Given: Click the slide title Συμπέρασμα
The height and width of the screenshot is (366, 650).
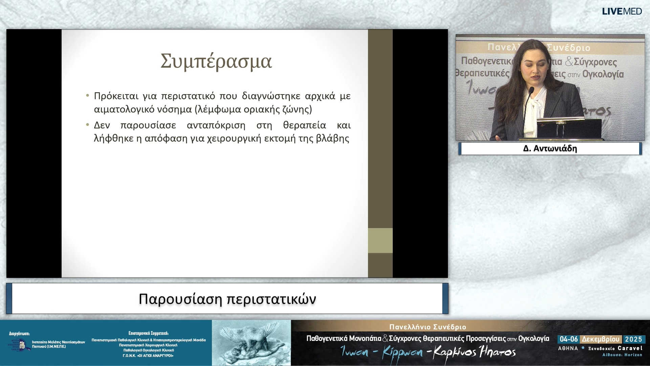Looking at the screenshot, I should pyautogui.click(x=216, y=61).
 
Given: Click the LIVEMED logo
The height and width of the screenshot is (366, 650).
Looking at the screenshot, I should pyautogui.click(x=622, y=12).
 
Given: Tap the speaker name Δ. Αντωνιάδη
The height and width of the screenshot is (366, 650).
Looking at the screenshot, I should pyautogui.click(x=550, y=148).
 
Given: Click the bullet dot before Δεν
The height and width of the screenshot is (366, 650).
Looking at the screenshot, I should pyautogui.click(x=88, y=125).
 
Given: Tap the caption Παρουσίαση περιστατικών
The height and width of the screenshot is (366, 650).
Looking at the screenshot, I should pyautogui.click(x=227, y=299).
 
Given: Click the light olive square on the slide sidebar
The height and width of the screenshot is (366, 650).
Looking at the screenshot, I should pyautogui.click(x=380, y=241).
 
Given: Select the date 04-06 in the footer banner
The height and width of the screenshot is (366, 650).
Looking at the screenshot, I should pyautogui.click(x=568, y=339).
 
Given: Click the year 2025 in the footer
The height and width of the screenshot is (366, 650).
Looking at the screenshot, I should pyautogui.click(x=633, y=339).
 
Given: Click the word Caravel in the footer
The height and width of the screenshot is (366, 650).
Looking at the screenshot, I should pyautogui.click(x=630, y=348).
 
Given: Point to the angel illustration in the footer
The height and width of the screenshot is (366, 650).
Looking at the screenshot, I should pyautogui.click(x=251, y=343).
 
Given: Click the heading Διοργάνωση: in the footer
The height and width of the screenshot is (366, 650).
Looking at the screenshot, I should pyautogui.click(x=19, y=333).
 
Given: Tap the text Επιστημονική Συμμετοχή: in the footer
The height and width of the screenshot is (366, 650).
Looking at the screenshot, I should pyautogui.click(x=148, y=333).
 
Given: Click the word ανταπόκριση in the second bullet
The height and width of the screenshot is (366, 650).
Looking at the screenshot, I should pyautogui.click(x=216, y=125).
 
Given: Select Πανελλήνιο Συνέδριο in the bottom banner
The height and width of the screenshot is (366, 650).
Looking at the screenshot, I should pyautogui.click(x=428, y=327).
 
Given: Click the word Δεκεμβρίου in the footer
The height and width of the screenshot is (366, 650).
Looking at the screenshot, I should pyautogui.click(x=600, y=339).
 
